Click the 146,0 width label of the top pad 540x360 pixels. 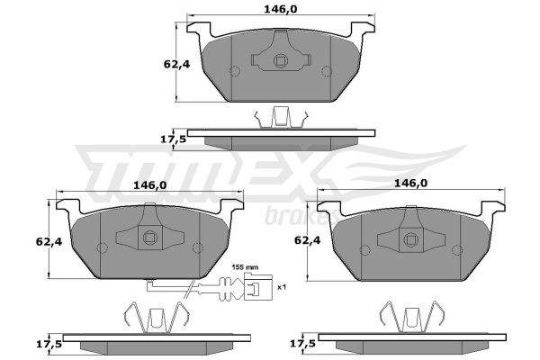tap(280, 9)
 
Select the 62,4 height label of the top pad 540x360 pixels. tap(176, 64)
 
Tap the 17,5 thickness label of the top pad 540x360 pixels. tap(174, 139)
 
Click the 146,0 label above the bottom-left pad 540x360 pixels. tap(149, 185)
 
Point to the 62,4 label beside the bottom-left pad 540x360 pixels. tap(49, 242)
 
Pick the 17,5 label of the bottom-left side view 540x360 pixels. tap(49, 344)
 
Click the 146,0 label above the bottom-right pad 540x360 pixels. tap(410, 184)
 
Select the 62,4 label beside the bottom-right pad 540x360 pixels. tap(307, 240)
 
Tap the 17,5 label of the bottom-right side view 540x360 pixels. tap(302, 344)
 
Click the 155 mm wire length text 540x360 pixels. tap(245, 267)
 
